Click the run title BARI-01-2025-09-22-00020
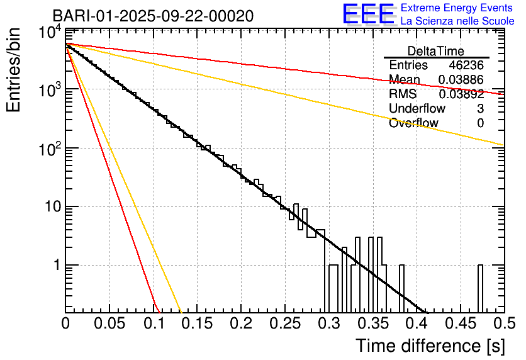point(153,16)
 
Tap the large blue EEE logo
point(369,14)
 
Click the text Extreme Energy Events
point(457,8)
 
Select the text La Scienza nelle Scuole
point(457,21)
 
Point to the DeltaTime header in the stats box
point(436,51)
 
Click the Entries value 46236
point(466,65)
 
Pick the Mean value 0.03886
point(461,79)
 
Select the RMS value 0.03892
point(461,94)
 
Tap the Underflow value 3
point(480,108)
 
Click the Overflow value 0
point(480,123)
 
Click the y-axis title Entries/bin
point(13,70)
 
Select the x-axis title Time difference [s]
point(430,346)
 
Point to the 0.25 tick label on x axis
point(285,323)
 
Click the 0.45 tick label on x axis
point(461,323)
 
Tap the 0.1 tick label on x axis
point(154,323)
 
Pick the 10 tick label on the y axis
point(53,206)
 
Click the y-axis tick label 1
point(57,265)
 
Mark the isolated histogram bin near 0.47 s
point(480,288)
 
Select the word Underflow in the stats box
point(417,108)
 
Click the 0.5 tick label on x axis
point(505,323)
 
